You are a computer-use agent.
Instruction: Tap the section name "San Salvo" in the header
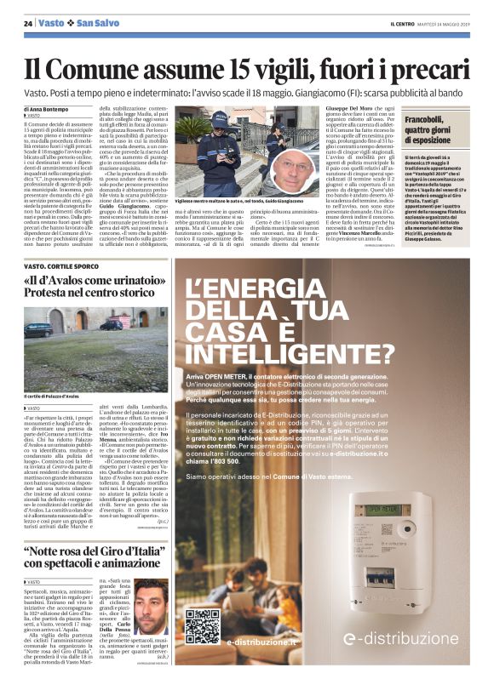tap(98, 23)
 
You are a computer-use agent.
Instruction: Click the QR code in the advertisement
tap(202, 625)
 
